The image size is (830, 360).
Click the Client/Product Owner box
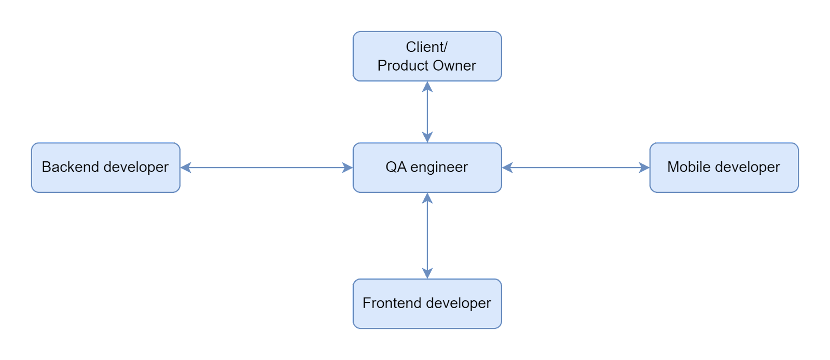tap(427, 57)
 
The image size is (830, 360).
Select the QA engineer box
tap(427, 168)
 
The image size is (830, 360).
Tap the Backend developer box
tap(106, 168)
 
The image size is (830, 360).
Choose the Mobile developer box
tap(724, 168)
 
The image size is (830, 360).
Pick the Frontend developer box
tap(427, 303)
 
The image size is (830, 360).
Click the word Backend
tap(71, 167)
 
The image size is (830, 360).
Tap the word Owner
tap(454, 65)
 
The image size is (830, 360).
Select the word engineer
tap(439, 168)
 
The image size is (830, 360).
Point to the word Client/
tap(427, 47)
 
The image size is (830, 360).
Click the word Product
tap(403, 65)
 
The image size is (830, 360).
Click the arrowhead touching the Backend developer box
tap(186, 168)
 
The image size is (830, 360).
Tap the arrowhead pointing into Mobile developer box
tap(644, 168)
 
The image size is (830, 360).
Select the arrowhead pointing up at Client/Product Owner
tap(427, 87)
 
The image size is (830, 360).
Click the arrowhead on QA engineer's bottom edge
tap(427, 198)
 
